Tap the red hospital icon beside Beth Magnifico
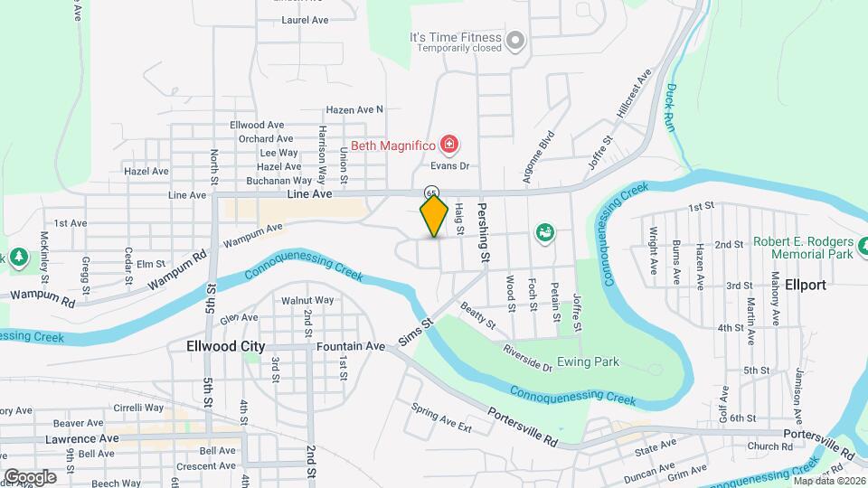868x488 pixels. (x=448, y=144)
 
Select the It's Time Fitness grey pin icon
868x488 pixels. (x=514, y=40)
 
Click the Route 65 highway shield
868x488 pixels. (x=432, y=192)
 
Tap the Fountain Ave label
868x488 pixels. (x=351, y=346)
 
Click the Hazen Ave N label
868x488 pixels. (x=354, y=109)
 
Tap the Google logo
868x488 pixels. (x=30, y=476)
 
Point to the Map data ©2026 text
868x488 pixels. (x=829, y=480)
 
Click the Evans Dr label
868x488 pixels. (x=450, y=165)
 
